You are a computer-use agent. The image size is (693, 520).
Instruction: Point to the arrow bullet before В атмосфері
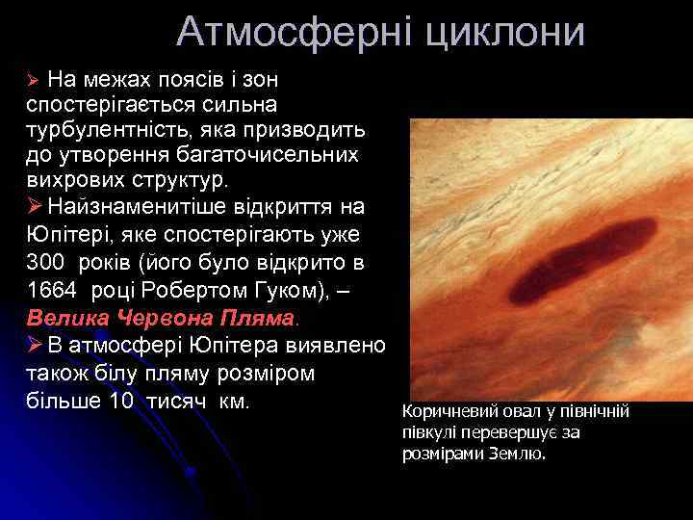click(x=35, y=346)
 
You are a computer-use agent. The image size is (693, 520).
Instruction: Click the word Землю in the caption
click(x=518, y=453)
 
